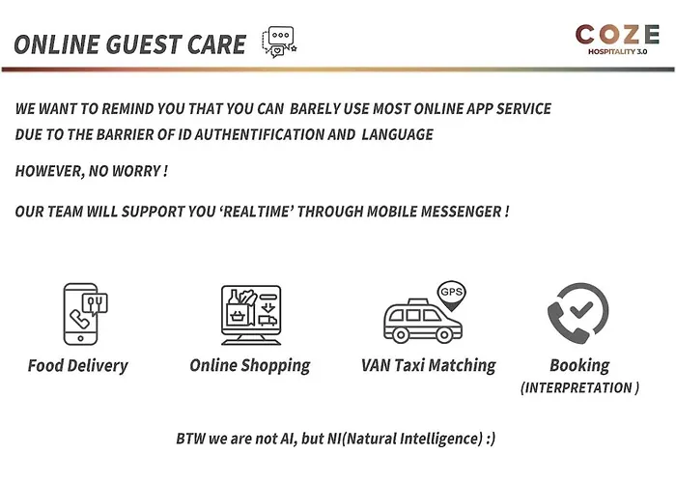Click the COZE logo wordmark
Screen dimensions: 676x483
coord(617,35)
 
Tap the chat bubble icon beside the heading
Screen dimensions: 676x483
coord(279,42)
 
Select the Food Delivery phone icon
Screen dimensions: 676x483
coord(85,314)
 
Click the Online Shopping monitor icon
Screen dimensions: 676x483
coord(251,315)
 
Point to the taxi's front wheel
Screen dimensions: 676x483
coord(444,334)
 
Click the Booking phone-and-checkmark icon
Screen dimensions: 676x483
coord(577,313)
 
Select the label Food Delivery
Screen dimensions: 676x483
coord(78,366)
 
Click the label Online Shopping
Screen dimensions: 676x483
coord(250,366)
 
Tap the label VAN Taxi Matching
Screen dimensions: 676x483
coord(429,366)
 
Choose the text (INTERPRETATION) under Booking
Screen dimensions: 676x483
coord(579,387)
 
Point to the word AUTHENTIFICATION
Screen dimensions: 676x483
coord(258,134)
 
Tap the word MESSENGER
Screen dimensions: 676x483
coord(461,212)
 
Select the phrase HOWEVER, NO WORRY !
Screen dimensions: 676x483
coord(92,171)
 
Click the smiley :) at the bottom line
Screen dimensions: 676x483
coord(491,439)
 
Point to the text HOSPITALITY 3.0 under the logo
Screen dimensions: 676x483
coord(617,52)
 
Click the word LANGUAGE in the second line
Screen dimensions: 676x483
coord(398,134)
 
